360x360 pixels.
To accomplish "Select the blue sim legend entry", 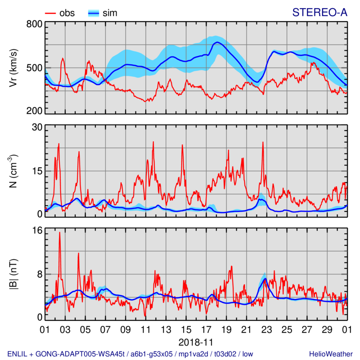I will click(x=102, y=13).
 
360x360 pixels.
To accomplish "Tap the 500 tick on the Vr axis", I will click(x=34, y=68).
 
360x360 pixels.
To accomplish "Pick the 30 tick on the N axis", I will click(x=36, y=127).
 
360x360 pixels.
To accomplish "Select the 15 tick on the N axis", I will click(x=36, y=171).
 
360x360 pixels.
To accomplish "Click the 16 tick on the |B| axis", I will click(x=36, y=230).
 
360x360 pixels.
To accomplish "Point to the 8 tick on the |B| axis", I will click(x=39, y=274).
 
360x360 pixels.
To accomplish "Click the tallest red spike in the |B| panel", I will click(x=59, y=233).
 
